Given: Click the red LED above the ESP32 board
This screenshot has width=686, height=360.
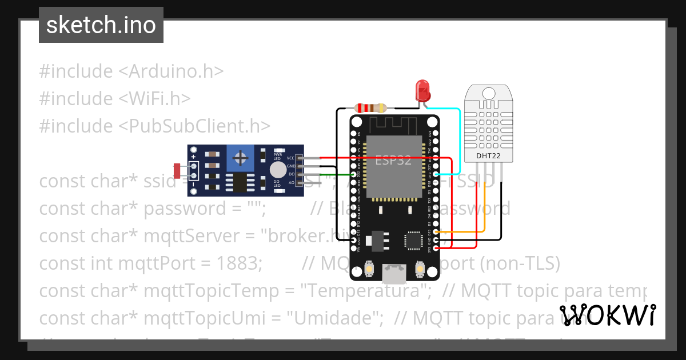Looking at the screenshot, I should [422, 90].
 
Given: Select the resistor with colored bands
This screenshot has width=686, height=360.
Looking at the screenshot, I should [371, 107].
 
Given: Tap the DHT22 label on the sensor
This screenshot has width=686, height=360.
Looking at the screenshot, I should [487, 155].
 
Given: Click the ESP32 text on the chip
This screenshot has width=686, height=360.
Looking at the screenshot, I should [393, 161].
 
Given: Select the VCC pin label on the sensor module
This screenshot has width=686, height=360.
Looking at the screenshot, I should [290, 158].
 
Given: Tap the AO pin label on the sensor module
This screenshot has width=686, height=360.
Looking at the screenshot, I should [291, 182].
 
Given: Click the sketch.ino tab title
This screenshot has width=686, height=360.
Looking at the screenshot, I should [101, 25].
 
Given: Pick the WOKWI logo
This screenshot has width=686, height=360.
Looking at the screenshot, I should [607, 315].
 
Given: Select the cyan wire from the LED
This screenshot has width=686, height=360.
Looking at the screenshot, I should [460, 137].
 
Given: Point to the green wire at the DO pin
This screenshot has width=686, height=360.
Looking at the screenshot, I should [332, 174].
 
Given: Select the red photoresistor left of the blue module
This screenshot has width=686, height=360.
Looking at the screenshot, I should [178, 170].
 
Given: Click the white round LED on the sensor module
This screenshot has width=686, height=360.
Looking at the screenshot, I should [278, 170].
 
